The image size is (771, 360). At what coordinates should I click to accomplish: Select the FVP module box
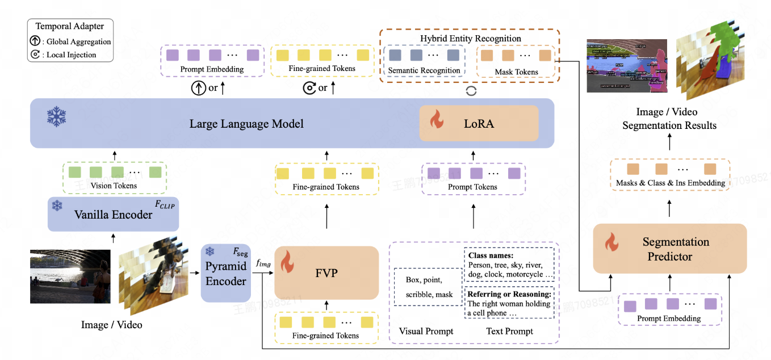coord(326,273)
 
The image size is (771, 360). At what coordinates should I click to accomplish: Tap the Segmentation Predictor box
coord(669,249)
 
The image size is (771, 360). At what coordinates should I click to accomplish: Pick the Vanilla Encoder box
coord(113,215)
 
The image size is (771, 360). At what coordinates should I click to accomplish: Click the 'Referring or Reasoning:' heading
coord(508,294)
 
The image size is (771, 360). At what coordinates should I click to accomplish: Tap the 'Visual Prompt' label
coord(426,331)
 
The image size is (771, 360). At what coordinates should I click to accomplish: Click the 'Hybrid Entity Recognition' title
coord(470,39)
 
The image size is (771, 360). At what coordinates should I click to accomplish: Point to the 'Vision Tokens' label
coord(114,186)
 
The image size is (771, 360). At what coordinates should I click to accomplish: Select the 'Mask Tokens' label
coord(516,72)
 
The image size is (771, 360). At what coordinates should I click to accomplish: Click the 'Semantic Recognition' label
coord(424,70)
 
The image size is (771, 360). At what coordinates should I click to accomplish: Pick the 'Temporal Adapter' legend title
coord(69,26)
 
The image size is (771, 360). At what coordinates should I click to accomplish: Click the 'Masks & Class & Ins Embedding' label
coord(671,183)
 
